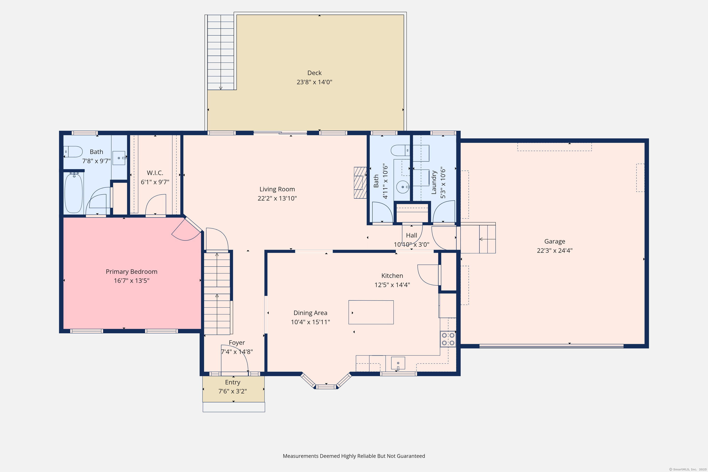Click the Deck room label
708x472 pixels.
(x=314, y=73)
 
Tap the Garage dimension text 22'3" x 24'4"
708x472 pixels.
(x=555, y=251)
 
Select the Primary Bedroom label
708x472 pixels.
(x=132, y=271)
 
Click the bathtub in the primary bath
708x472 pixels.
(x=74, y=193)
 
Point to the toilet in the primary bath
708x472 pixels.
(x=73, y=151)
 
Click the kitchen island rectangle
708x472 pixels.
(x=371, y=312)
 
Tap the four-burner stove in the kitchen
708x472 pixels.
(x=448, y=339)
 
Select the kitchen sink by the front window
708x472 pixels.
(x=398, y=363)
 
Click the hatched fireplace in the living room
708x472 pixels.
(x=360, y=183)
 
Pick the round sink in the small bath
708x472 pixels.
(x=403, y=187)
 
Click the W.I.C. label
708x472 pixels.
(x=155, y=173)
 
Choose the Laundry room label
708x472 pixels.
(x=434, y=183)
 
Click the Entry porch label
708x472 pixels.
(x=233, y=382)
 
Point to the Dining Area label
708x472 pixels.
(x=310, y=313)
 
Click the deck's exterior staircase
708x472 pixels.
(x=221, y=52)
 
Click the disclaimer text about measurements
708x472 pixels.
(x=354, y=456)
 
